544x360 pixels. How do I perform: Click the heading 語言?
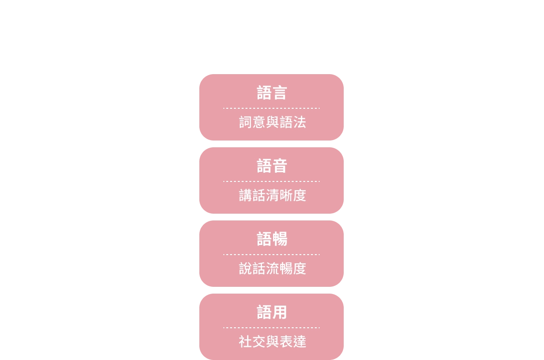272,93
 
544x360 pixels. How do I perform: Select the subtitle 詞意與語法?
272,122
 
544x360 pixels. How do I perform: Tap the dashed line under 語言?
272,108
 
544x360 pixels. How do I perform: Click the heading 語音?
272,166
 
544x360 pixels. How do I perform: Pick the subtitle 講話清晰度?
272,195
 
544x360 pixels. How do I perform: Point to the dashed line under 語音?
272,181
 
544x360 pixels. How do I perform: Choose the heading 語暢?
272,239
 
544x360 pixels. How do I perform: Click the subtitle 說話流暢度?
272,269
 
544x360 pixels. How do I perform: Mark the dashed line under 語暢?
272,255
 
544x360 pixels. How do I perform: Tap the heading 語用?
272,312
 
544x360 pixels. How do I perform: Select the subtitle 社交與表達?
272,342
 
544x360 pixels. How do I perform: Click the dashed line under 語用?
272,328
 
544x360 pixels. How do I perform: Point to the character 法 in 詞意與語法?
300,122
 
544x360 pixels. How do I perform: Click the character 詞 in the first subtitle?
246,122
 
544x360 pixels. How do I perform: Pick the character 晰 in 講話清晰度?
286,195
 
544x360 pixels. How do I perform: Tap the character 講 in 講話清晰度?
246,195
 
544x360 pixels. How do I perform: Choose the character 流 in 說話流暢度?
272,269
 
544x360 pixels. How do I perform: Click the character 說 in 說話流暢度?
246,269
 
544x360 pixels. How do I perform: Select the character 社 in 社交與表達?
246,342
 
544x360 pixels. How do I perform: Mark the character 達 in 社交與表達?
300,342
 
